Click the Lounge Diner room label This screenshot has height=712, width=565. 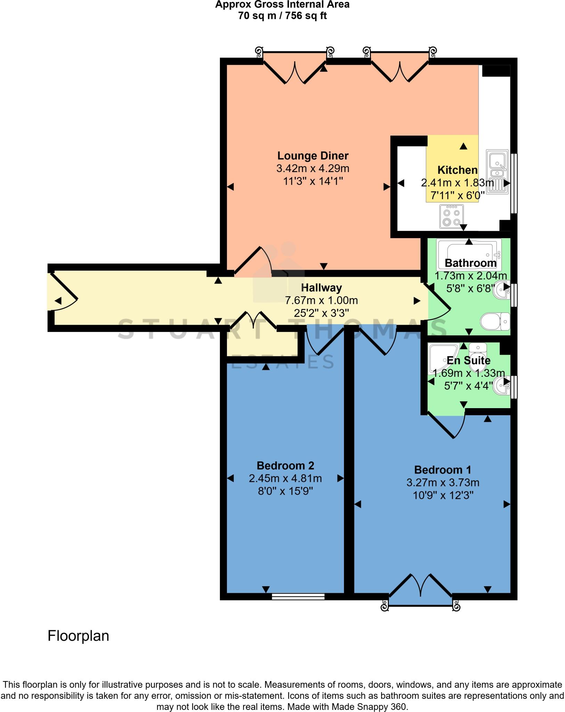click(x=313, y=156)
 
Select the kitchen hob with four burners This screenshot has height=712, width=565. click(x=451, y=217)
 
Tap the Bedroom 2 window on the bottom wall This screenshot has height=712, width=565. click(x=298, y=597)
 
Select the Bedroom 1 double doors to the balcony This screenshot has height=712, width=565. click(x=421, y=587)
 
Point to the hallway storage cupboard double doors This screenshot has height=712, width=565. click(x=253, y=320)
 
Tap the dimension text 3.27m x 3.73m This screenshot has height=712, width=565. click(x=443, y=483)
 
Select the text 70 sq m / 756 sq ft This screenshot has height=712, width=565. click(x=282, y=16)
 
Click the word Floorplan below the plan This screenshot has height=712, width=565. click(x=78, y=636)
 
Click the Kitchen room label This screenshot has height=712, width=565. click(x=457, y=170)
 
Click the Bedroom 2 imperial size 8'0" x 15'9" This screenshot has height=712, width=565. click(x=285, y=491)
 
